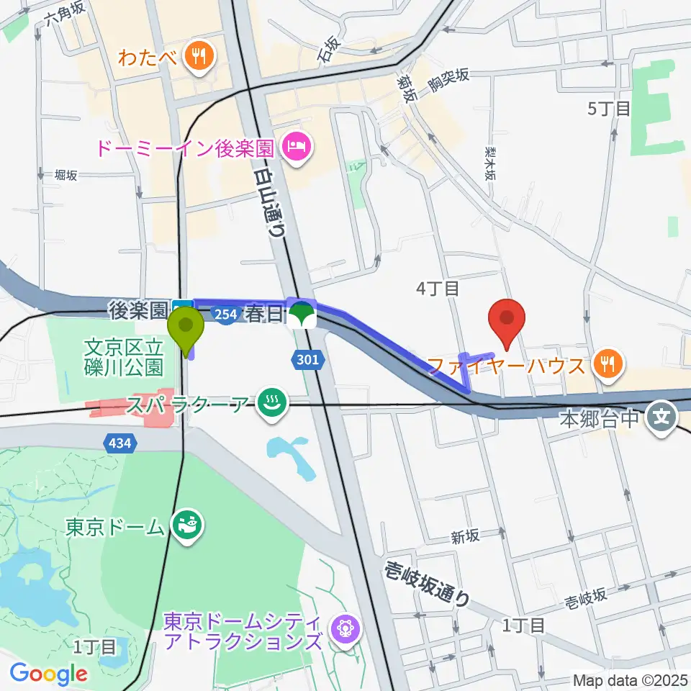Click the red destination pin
point(507,322)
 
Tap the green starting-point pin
point(186,328)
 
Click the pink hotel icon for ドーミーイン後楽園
point(296,149)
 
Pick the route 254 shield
point(226,315)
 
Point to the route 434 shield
point(120,443)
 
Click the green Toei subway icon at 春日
point(302,315)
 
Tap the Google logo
point(48,674)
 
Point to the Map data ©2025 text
point(631,679)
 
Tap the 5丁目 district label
point(609,109)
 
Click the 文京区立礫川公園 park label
point(123,358)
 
